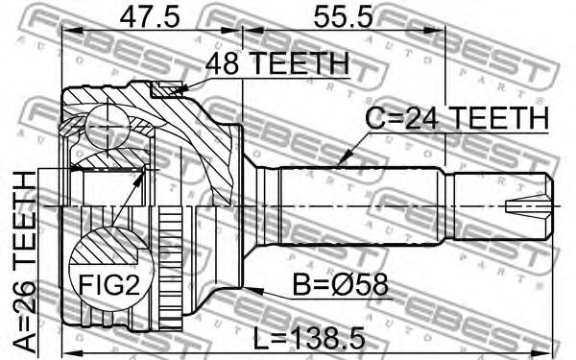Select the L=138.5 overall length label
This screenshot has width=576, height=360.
point(309,339)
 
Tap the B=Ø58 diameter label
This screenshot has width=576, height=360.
point(340,285)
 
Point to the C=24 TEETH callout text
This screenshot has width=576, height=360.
point(457,118)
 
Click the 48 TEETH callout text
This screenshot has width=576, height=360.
point(277,62)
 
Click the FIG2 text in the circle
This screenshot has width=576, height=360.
point(109,284)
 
